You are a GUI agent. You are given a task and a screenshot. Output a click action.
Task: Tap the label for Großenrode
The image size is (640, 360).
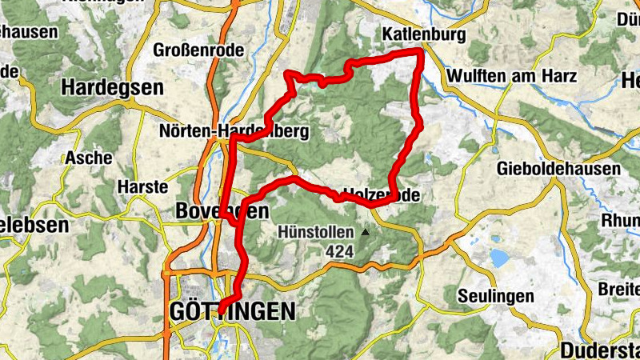pyautogui.click(x=198, y=51)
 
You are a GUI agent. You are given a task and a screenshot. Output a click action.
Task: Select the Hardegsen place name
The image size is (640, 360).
pyautogui.click(x=112, y=86)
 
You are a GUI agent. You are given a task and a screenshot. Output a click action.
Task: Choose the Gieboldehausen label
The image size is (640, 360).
pyautogui.click(x=558, y=169)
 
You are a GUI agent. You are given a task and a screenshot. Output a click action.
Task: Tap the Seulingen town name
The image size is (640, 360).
pyautogui.click(x=495, y=296)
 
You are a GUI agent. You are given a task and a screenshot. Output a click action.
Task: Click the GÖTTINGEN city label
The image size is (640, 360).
pyautogui.click(x=232, y=312)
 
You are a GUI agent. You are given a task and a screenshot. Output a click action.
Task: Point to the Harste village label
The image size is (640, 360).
pyautogui.click(x=142, y=187)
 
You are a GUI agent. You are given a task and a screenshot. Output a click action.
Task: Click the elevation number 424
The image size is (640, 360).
pyautogui.click(x=340, y=251)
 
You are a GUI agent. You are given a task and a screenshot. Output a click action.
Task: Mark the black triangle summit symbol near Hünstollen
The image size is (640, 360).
pyautogui.click(x=365, y=233)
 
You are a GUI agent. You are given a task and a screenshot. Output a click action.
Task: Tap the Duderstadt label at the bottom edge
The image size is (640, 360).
pyautogui.click(x=599, y=350)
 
